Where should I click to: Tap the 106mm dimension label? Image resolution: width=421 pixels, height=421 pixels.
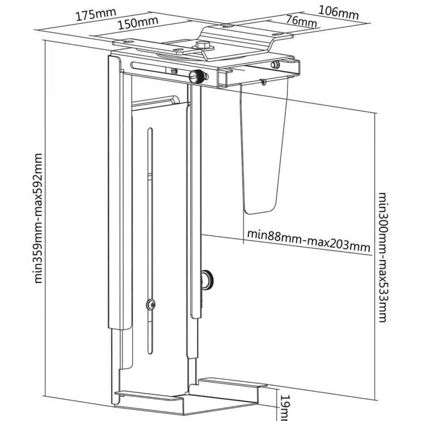pyautogui.click(x=338, y=12)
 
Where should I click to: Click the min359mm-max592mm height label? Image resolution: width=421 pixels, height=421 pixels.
pyautogui.click(x=38, y=218)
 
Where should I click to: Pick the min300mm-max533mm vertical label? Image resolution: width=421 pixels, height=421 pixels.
pyautogui.click(x=382, y=257)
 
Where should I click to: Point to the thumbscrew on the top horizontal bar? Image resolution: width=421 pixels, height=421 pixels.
pyautogui.click(x=197, y=77)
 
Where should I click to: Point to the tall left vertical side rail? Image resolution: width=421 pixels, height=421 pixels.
pyautogui.click(x=113, y=189)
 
